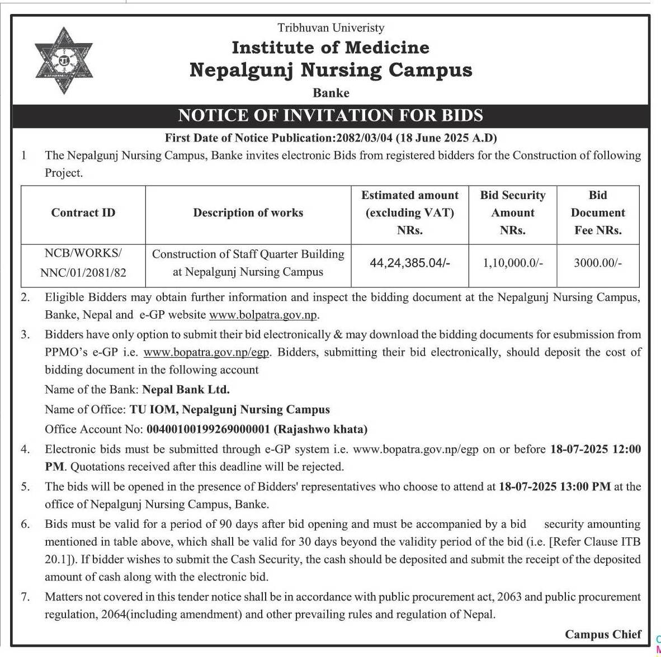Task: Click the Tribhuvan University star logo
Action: point(63,59)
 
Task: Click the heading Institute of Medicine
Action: point(330,48)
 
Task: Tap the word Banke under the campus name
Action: point(331,93)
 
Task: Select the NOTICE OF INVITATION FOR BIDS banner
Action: point(330,116)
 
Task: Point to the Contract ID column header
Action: point(83,213)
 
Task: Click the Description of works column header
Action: point(248,213)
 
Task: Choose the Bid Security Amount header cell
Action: point(512,212)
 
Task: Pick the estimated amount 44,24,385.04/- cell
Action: point(410,263)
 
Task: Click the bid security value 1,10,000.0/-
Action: point(513,263)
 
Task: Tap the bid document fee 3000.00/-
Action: point(598,263)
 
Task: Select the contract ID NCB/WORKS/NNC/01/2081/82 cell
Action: point(83,263)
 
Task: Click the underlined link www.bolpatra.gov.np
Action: point(263,315)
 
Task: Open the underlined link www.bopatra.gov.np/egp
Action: point(206,352)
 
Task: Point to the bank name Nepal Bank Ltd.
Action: point(186,389)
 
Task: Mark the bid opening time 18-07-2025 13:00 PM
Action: point(555,486)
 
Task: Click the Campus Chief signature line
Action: point(603,634)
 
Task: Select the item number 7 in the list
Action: point(26,597)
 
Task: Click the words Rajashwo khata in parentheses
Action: point(321,429)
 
